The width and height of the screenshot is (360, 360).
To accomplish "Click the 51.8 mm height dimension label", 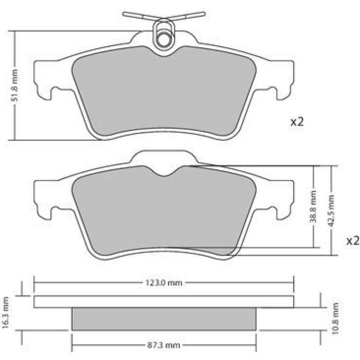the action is coord(14,86).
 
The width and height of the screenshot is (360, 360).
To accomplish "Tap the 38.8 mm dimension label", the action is coord(313,207).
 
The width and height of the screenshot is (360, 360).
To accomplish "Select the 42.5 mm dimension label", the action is coord(331,210).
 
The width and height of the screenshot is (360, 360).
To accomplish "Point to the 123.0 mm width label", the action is coord(164,283).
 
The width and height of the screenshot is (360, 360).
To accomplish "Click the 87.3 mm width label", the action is coord(164,345).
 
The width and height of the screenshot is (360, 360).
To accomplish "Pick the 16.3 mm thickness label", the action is coord(5,312).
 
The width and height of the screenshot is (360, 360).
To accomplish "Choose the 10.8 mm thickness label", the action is coord(335,319).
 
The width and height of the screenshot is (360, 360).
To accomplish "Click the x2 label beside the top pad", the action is coord(297,122).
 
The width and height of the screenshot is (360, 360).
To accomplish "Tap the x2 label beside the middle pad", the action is coord(353,241).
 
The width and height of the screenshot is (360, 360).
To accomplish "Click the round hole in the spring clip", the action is coord(164,40).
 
